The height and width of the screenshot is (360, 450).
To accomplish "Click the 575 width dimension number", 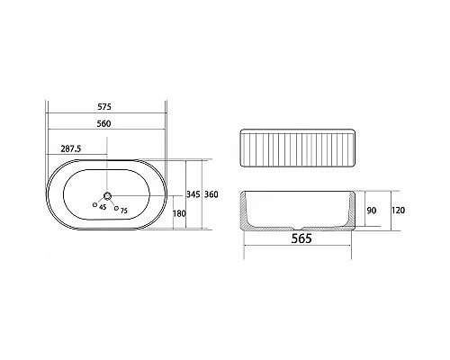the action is [x=104, y=106].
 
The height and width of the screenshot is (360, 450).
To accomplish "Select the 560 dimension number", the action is [x=103, y=123].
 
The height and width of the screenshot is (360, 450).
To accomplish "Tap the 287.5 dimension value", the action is [x=71, y=148].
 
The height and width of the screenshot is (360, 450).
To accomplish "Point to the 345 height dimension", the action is [x=193, y=194].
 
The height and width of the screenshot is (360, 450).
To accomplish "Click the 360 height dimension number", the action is [x=211, y=194].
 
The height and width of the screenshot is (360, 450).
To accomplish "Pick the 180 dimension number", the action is [x=179, y=213].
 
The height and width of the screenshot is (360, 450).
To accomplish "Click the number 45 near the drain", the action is [x=103, y=207].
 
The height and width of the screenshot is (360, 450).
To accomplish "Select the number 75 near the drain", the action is [x=123, y=211].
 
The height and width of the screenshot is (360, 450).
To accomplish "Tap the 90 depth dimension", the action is [x=372, y=211].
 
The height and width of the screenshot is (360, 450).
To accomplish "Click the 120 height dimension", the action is [x=398, y=211].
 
